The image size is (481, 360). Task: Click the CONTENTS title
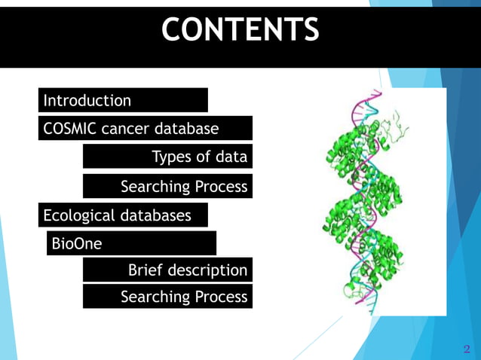coord(240,30)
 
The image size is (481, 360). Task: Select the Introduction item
coord(87,100)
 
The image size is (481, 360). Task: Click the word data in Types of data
coord(231,157)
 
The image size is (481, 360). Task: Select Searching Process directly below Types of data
coord(184,186)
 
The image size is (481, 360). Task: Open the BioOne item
coord(76,244)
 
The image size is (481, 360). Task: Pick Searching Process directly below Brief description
coord(184,297)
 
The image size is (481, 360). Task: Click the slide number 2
coord(466,349)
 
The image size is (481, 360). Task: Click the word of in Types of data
coord(204,157)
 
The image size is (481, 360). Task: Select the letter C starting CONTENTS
coord(173,30)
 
